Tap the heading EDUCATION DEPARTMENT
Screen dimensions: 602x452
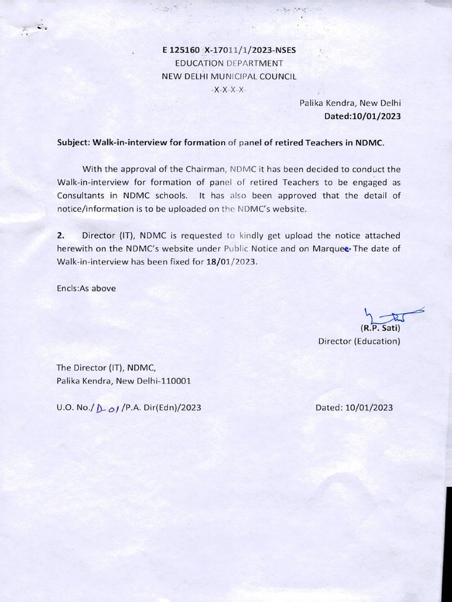tap(230, 63)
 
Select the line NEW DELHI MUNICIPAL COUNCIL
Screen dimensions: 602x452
tap(230, 76)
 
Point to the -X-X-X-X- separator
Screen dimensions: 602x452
tap(229, 89)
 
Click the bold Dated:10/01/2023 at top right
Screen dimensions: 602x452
tap(363, 116)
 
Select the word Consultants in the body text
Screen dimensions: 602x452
tap(82, 195)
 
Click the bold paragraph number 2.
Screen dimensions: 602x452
tap(60, 235)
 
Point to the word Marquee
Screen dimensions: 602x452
tap(333, 249)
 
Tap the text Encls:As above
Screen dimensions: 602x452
tap(86, 288)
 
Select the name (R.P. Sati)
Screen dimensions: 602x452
tap(380, 328)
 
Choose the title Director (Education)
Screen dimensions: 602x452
tap(359, 341)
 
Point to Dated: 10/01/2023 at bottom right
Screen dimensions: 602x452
tap(354, 407)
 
